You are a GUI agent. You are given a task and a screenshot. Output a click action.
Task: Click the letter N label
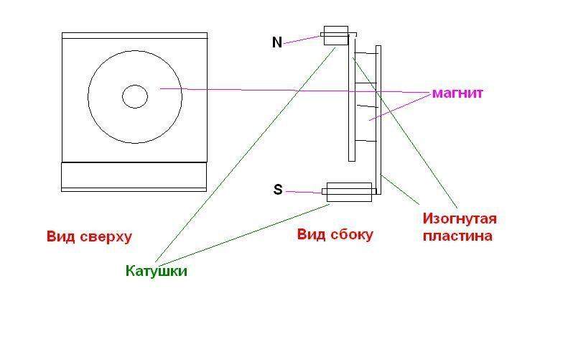(x=277, y=42)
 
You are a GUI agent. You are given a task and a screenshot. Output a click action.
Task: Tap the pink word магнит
(x=457, y=93)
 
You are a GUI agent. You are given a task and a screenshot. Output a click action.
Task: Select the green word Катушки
(x=156, y=271)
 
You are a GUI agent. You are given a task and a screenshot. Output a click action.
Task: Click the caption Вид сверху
(x=89, y=236)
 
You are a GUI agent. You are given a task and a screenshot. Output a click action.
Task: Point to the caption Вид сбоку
(x=335, y=234)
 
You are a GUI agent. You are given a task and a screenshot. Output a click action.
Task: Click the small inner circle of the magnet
(x=134, y=96)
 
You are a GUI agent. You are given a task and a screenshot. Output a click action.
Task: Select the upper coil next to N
(x=335, y=36)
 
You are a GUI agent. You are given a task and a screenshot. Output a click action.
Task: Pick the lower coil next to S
(x=348, y=192)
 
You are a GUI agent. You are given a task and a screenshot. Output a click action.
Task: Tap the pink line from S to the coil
(x=304, y=192)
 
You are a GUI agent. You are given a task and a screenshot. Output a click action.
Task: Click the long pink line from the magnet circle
(x=287, y=91)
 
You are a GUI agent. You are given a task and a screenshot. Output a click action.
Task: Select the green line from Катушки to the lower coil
(x=244, y=234)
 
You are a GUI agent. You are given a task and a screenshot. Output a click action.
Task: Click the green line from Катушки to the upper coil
(x=244, y=158)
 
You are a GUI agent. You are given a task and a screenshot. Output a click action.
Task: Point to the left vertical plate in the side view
(x=351, y=101)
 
